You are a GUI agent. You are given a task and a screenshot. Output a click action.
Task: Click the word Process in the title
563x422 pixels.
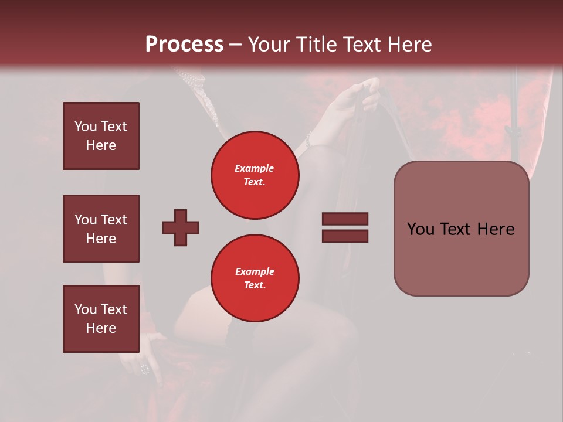pos(184,45)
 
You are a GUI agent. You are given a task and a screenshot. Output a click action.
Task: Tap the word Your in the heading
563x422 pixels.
pos(268,45)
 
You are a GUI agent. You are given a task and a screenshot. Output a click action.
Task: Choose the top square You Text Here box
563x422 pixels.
pos(101,136)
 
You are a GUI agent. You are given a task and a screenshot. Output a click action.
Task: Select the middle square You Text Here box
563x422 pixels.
pos(101,229)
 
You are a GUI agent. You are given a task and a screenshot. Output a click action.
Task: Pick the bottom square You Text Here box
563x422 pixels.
pos(101,319)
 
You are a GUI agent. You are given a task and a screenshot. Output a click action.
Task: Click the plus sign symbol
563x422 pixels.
pos(181,227)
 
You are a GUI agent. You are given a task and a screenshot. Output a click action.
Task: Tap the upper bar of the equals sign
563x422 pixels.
pos(345,219)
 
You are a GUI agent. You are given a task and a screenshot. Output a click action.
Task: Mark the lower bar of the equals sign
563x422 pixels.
pos(345,236)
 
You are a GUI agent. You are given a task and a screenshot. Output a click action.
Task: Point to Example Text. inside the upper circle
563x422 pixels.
pos(255,175)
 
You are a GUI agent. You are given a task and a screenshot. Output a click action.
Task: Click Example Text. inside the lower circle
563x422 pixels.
pos(255,278)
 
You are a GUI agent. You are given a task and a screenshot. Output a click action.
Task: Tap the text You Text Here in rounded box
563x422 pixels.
pos(461,229)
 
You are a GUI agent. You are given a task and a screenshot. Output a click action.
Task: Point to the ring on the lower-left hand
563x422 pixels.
pos(145,369)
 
